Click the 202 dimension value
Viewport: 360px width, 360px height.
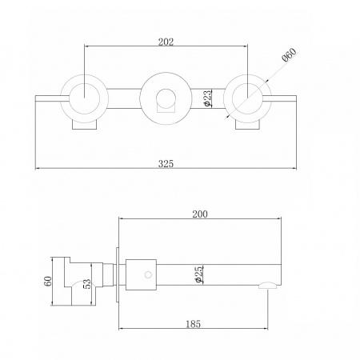tap(166, 42)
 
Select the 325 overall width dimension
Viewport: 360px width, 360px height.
tap(166, 163)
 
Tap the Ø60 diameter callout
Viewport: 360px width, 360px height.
tap(289, 54)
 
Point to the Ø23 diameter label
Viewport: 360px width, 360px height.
tap(206, 98)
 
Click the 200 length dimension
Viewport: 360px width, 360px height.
tap(200, 214)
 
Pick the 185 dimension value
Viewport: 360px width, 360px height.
tap(193, 324)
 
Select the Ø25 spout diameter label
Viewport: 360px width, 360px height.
tap(199, 274)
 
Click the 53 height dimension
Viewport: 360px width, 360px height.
tap(87, 284)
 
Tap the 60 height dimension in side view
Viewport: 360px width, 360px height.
tap(48, 281)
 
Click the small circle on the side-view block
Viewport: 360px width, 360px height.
tap(148, 274)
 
